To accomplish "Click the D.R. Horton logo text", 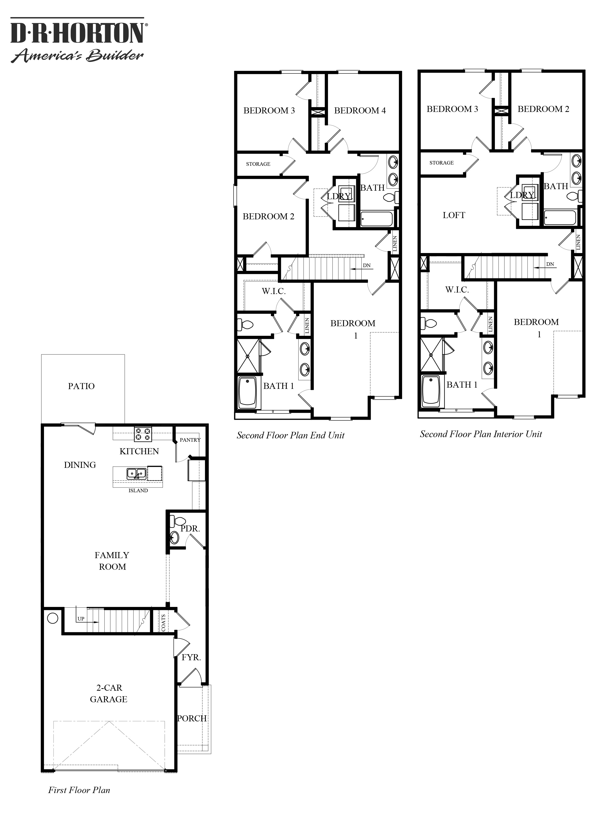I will [x=77, y=33].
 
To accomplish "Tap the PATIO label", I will [x=81, y=386].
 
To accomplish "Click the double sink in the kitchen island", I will [x=136, y=474].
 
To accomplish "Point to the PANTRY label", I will [x=190, y=440].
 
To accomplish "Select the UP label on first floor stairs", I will [x=81, y=619].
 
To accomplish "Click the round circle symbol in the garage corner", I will [x=53, y=618].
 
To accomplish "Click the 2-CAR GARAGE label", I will [x=109, y=693].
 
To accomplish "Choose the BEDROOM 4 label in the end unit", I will [x=360, y=110].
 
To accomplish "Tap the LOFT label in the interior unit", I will [x=454, y=215].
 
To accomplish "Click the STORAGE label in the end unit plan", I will [x=258, y=164].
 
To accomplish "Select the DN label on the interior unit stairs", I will [x=550, y=264].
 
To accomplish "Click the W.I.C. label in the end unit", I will [x=274, y=291].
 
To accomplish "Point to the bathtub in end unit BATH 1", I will [x=247, y=392].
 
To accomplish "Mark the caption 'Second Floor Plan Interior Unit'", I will [x=481, y=434].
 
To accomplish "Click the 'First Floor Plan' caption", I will [x=79, y=790].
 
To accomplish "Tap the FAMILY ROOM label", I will [x=112, y=561].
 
